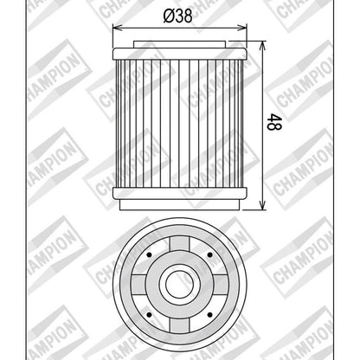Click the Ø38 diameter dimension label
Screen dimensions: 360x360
point(177,16)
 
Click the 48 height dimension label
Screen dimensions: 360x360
point(273,122)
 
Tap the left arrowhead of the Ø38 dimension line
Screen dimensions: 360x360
point(116,28)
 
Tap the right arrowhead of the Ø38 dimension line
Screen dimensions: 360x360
point(243,28)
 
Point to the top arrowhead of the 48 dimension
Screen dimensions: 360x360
point(262,45)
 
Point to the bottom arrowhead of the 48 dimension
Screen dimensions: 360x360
point(262,205)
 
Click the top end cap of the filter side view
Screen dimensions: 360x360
point(179,54)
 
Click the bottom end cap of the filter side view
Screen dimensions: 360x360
point(179,193)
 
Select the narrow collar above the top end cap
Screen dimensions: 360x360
point(179,44)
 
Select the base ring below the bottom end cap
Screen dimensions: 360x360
point(179,204)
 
